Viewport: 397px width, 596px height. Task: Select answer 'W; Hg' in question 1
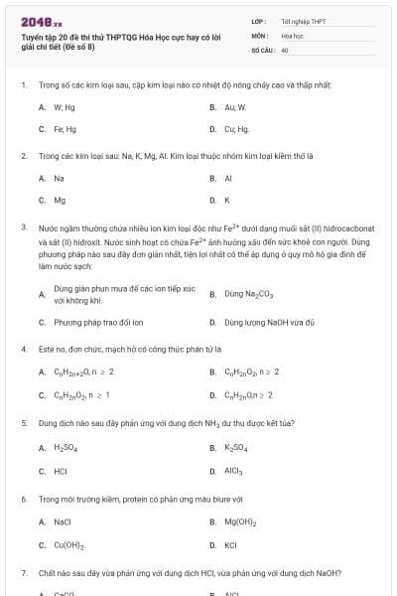pyautogui.click(x=65, y=106)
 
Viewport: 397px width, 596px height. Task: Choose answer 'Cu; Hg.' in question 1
pyautogui.click(x=236, y=129)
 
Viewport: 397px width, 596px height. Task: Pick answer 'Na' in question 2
pyautogui.click(x=60, y=178)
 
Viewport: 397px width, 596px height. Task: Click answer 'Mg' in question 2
pyautogui.click(x=60, y=200)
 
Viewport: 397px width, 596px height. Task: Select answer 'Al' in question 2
pyautogui.click(x=228, y=178)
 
